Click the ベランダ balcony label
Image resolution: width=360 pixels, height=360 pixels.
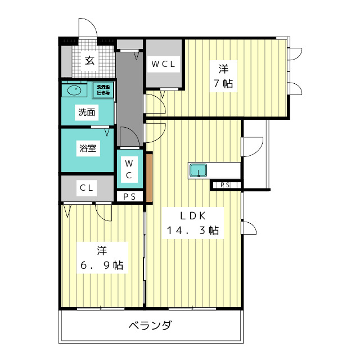[150, 325]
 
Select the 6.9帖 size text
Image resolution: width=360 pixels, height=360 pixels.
[101, 265]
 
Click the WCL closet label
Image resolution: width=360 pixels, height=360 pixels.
[163, 64]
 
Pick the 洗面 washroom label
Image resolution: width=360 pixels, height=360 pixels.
[87, 112]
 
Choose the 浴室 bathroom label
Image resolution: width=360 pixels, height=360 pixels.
[87, 149]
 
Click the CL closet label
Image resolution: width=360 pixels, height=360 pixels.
[87, 187]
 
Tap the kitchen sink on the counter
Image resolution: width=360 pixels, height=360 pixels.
[198, 170]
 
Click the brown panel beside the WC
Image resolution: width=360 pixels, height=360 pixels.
[149, 175]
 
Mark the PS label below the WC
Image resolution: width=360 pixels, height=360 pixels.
[129, 196]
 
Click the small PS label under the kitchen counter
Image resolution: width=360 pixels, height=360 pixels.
[225, 185]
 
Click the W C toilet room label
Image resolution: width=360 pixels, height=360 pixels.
[128, 168]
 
